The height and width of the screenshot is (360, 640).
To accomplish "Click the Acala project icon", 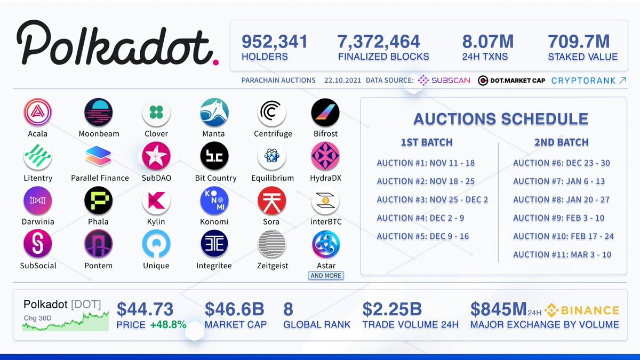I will (37, 113).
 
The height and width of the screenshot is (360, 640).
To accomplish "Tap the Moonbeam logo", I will (99, 113).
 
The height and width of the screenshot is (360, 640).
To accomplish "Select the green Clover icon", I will (156, 113).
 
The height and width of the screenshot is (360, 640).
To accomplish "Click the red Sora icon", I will (272, 201).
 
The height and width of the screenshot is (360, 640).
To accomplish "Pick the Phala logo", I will (99, 201).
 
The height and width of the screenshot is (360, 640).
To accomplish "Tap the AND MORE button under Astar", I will (326, 276).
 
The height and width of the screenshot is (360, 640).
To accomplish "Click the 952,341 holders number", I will (275, 41).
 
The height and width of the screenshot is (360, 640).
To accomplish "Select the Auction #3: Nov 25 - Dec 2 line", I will (432, 199).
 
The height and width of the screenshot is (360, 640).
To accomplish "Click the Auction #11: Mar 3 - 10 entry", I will (562, 254).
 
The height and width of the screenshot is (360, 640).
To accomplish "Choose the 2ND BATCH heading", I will (561, 142).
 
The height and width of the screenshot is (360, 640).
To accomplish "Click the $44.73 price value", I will (145, 309).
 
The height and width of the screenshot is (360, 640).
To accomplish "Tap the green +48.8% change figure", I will (168, 324).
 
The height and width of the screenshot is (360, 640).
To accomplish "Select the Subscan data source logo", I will (444, 81).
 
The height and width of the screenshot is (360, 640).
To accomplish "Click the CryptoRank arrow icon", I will (622, 81).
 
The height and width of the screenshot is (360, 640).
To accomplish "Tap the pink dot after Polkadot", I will (215, 62).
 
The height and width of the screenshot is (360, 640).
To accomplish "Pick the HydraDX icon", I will (325, 156).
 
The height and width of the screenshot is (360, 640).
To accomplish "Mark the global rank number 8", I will (288, 309).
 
